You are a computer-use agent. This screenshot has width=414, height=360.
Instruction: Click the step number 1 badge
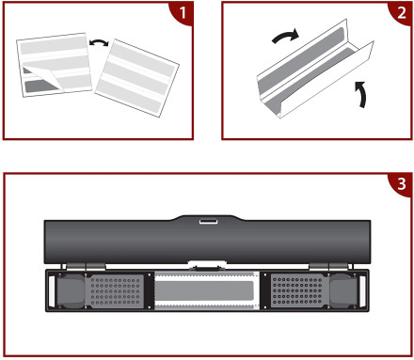click(x=183, y=12)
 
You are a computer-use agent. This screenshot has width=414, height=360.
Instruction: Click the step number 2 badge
click(x=402, y=12)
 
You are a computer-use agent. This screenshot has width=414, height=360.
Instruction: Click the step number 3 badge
click(x=402, y=184)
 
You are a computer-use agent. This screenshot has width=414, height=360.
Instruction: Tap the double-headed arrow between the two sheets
click(x=99, y=42)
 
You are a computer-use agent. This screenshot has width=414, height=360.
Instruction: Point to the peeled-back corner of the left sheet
click(x=44, y=78)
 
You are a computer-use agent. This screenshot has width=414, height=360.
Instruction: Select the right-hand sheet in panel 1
click(x=137, y=78)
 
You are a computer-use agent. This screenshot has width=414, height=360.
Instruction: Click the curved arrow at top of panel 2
click(x=285, y=36)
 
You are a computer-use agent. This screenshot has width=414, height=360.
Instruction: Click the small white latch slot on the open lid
click(x=209, y=222)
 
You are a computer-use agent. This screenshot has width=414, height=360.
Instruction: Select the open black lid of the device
click(x=207, y=240)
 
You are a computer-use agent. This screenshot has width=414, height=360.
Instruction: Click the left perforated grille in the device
click(x=116, y=291)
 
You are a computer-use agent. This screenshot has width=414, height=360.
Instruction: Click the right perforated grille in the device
click(x=297, y=291)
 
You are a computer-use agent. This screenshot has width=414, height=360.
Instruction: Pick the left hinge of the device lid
click(x=86, y=267)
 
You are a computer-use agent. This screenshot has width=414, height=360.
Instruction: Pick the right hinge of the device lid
click(x=328, y=267)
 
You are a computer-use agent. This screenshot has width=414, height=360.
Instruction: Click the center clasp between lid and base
click(x=207, y=266)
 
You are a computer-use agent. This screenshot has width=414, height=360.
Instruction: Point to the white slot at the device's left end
click(x=52, y=291)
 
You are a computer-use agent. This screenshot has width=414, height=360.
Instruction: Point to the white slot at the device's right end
click(x=362, y=291)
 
